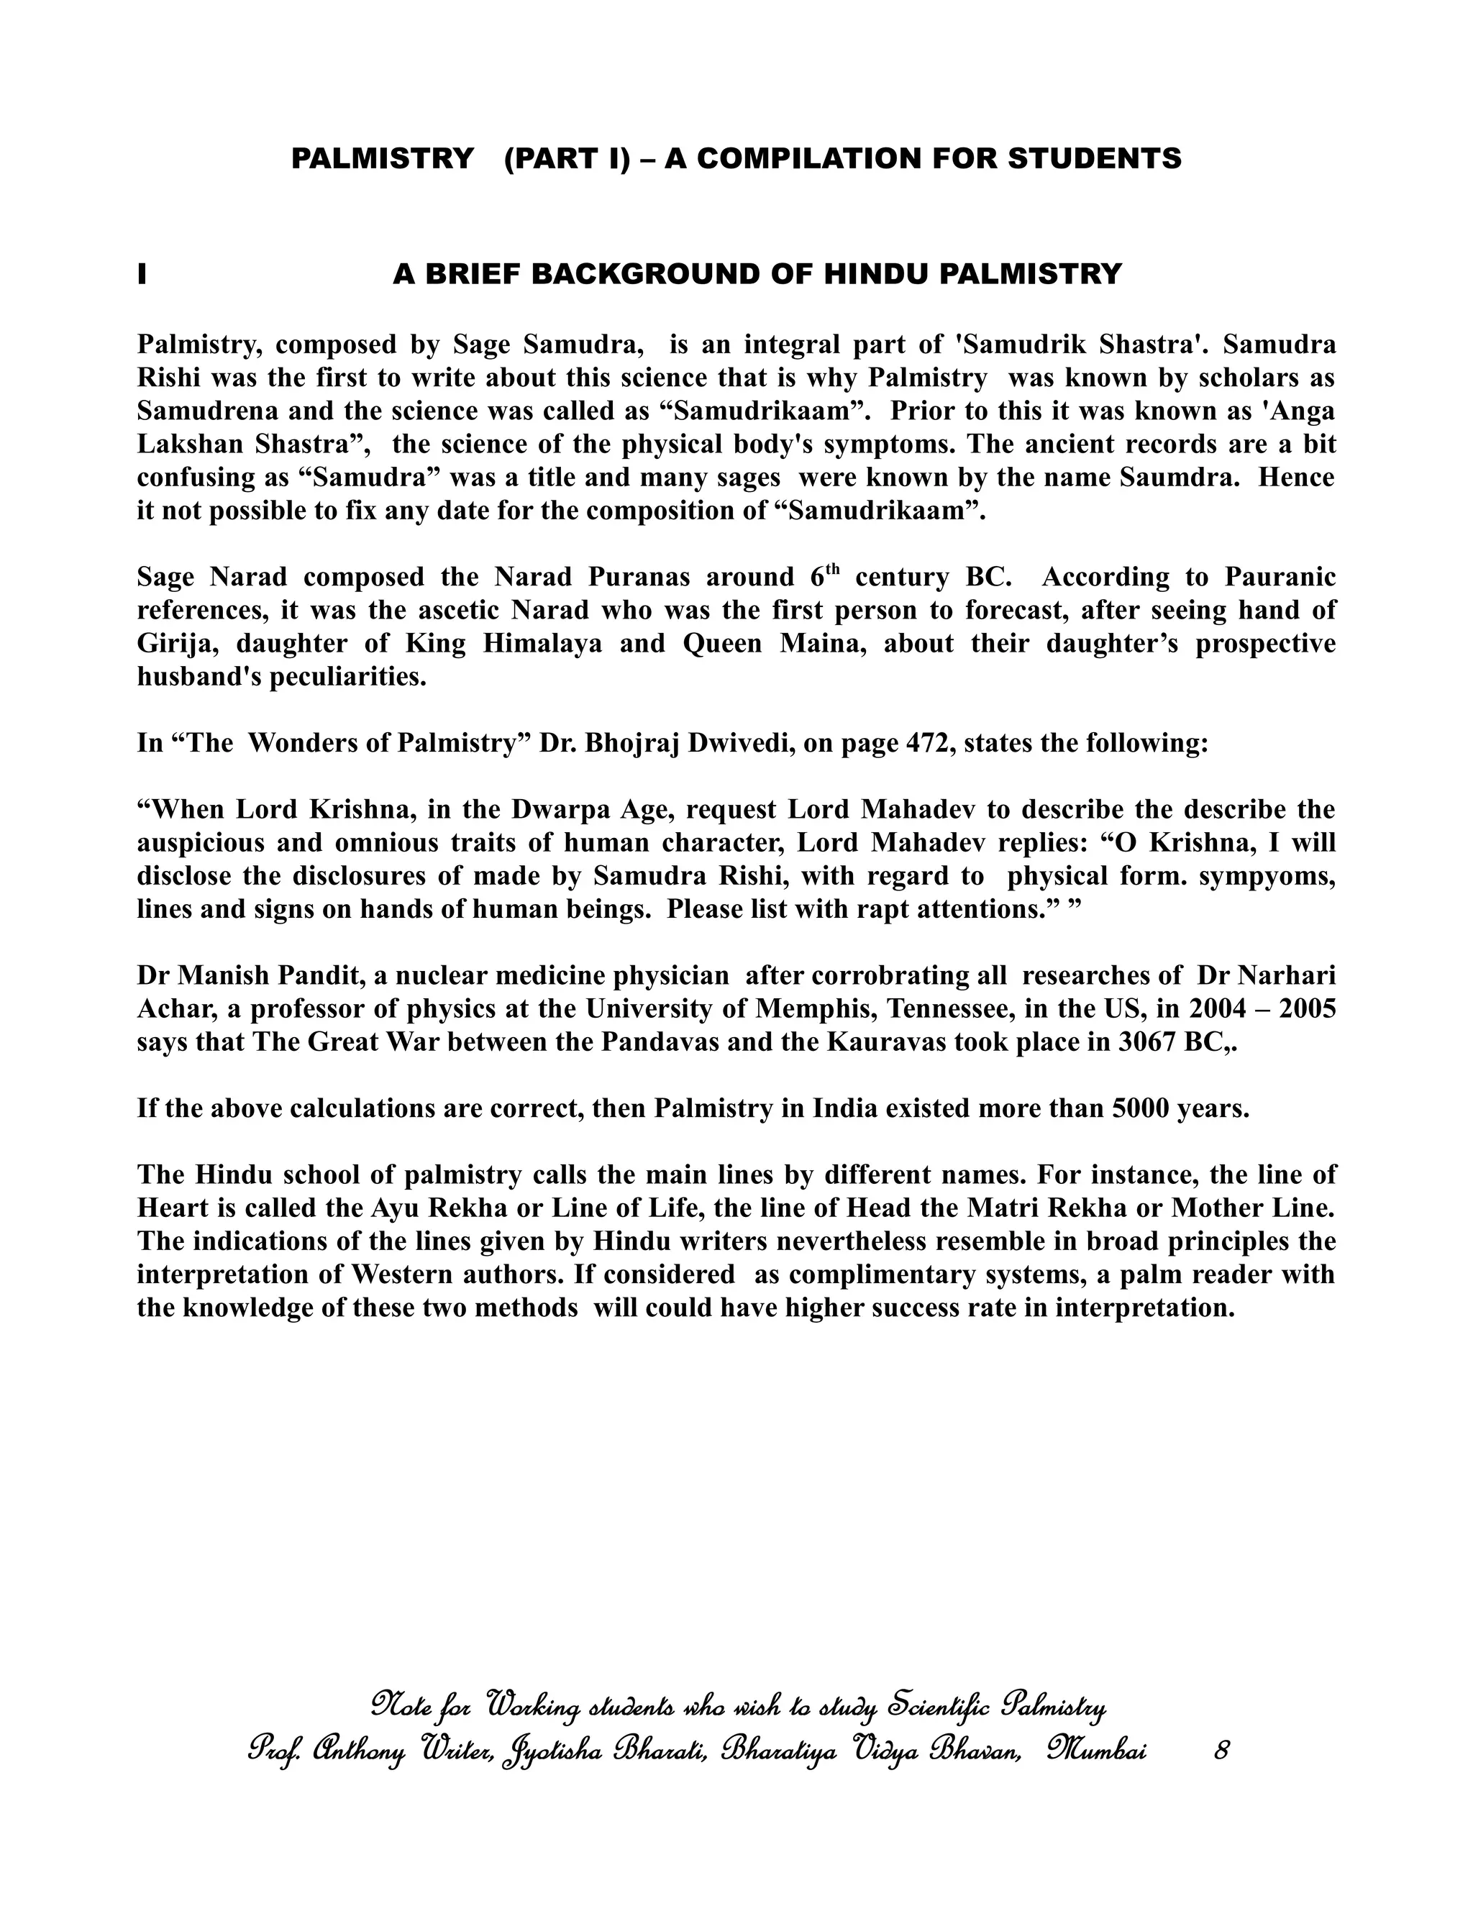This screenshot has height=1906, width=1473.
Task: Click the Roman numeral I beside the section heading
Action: [x=142, y=274]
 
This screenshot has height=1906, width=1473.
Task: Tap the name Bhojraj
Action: [x=633, y=743]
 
